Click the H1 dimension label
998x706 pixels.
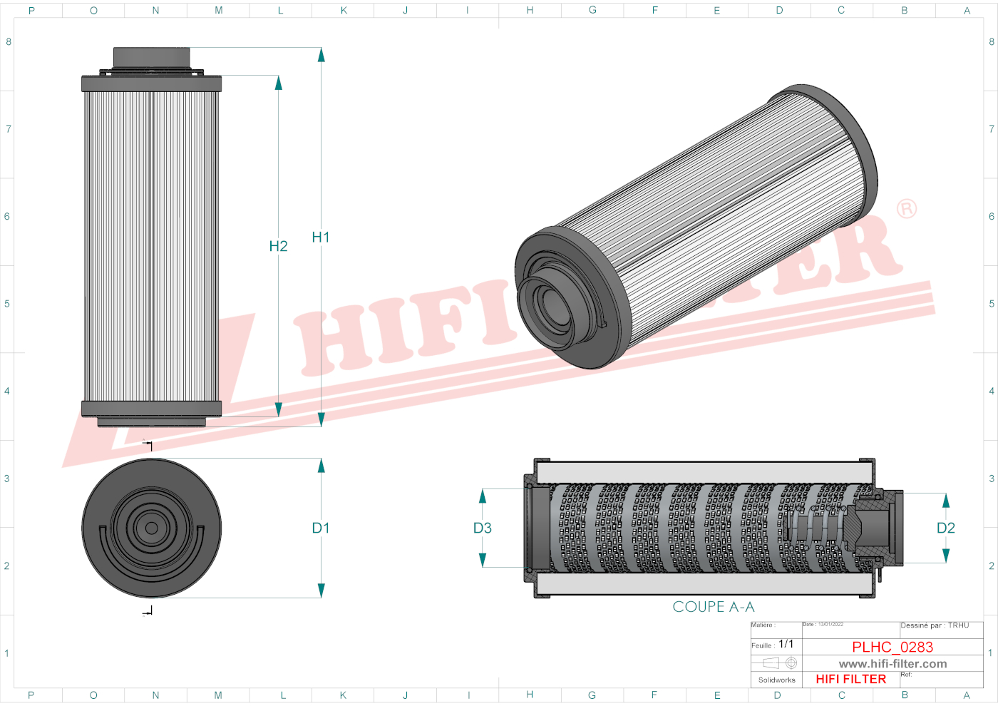pyautogui.click(x=320, y=237)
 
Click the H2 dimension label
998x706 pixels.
pyautogui.click(x=278, y=246)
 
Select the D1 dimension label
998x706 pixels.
pyautogui.click(x=320, y=528)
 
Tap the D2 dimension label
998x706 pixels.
pyautogui.click(x=945, y=528)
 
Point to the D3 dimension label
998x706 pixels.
pyautogui.click(x=483, y=528)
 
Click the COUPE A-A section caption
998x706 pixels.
pyautogui.click(x=713, y=607)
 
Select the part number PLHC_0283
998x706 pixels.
pyautogui.click(x=892, y=647)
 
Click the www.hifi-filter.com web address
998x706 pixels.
pyautogui.click(x=892, y=664)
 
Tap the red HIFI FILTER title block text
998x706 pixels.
pyautogui.click(x=850, y=680)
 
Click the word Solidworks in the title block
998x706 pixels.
pyautogui.click(x=776, y=680)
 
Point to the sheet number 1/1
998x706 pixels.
pyautogui.click(x=786, y=644)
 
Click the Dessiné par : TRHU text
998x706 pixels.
pyautogui.click(x=935, y=625)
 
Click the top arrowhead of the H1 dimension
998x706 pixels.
pyautogui.click(x=321, y=54)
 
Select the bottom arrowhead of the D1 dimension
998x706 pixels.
pyautogui.click(x=321, y=590)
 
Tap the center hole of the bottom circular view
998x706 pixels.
pyautogui.click(x=152, y=528)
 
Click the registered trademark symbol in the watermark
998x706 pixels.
pyautogui.click(x=907, y=209)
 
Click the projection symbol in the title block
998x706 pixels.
pyautogui.click(x=781, y=663)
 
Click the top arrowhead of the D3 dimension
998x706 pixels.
pyautogui.click(x=483, y=496)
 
